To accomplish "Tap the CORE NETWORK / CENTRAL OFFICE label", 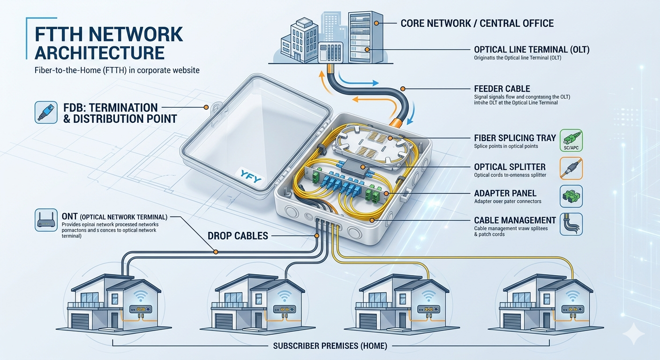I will point(477,23).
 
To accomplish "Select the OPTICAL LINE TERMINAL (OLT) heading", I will point(532,50).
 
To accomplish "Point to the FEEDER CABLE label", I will point(502,89).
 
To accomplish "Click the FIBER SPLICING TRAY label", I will point(515,138).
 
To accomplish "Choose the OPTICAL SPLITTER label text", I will point(510,167).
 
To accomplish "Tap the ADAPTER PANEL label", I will point(505,193).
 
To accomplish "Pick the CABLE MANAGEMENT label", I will point(515,220).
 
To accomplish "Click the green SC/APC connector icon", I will point(571,141).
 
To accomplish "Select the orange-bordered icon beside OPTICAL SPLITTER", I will point(571,169).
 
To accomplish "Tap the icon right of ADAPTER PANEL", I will point(571,196).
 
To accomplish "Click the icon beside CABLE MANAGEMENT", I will point(571,224).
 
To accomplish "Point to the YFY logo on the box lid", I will point(249,179).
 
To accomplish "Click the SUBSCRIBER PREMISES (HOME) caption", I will point(330,346).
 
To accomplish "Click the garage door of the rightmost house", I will point(512,322).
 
